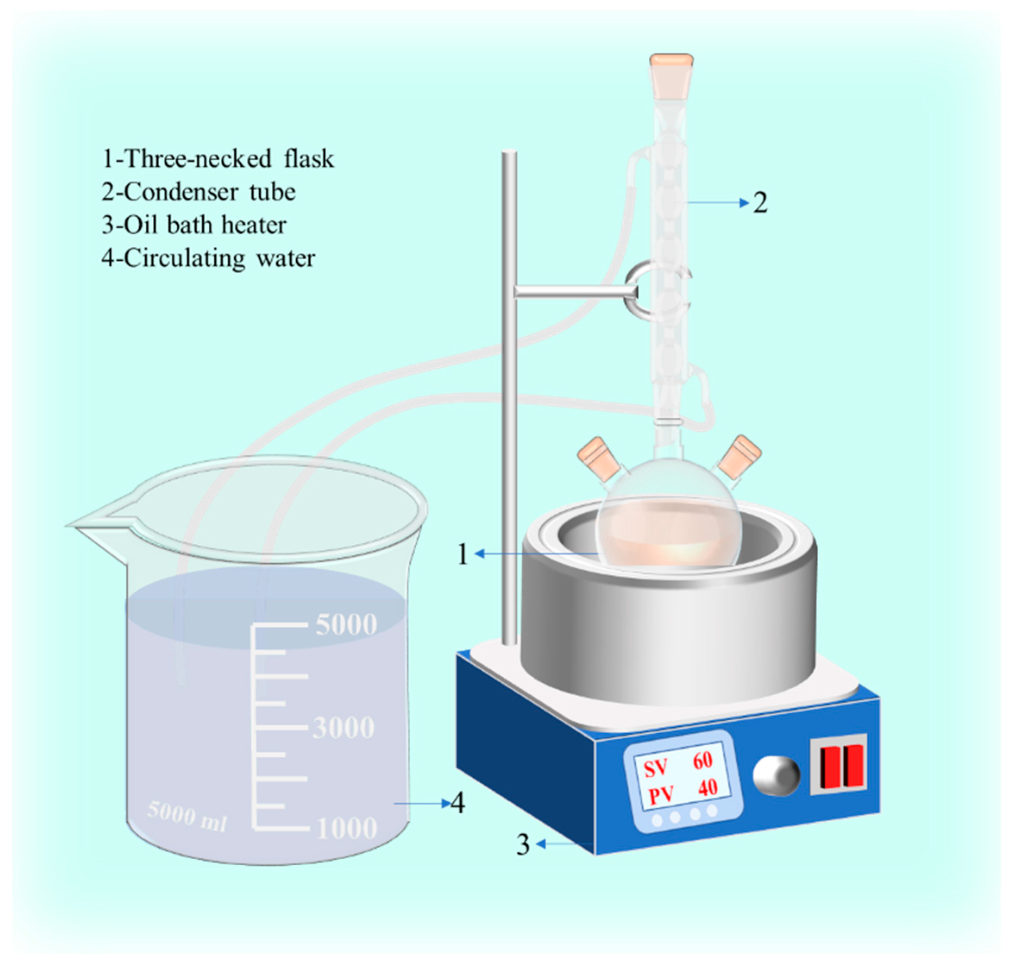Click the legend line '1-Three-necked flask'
218,158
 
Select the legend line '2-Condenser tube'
198,192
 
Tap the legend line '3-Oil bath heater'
194,225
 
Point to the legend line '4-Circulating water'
208,258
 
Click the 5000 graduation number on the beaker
346,624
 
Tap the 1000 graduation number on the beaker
347,828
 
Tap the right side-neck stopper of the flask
739,456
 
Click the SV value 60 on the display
703,760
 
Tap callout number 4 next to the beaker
458,803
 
